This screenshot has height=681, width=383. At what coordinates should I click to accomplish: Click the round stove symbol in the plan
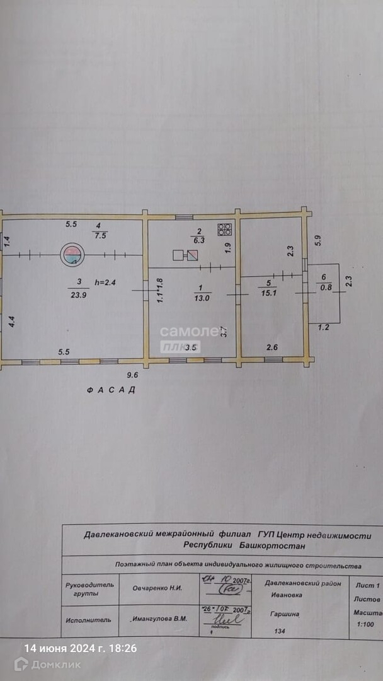click(x=72, y=255)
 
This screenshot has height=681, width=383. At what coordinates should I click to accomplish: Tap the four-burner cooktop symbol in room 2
click(x=225, y=230)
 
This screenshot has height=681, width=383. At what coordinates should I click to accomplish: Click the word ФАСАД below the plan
click(x=111, y=390)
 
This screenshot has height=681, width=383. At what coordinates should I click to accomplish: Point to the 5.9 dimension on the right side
click(x=318, y=240)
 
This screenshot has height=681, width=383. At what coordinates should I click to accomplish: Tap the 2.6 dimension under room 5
click(x=272, y=347)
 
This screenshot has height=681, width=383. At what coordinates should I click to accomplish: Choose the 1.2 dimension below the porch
click(x=323, y=327)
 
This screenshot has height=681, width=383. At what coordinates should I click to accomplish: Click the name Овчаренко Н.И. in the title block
click(x=157, y=588)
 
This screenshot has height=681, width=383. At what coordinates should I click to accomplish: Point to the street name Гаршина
click(x=285, y=614)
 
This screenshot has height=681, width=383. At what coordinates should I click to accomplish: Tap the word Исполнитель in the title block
click(x=88, y=619)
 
